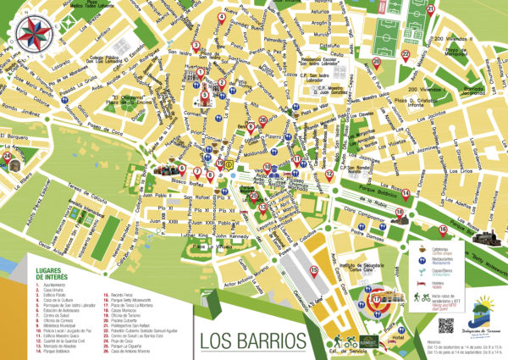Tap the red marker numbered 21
click(x=430, y=9)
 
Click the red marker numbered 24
click(x=12, y=156)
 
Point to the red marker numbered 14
click(x=406, y=193)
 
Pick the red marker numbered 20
click(x=377, y=61)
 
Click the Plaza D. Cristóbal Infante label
click(x=401, y=104)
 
